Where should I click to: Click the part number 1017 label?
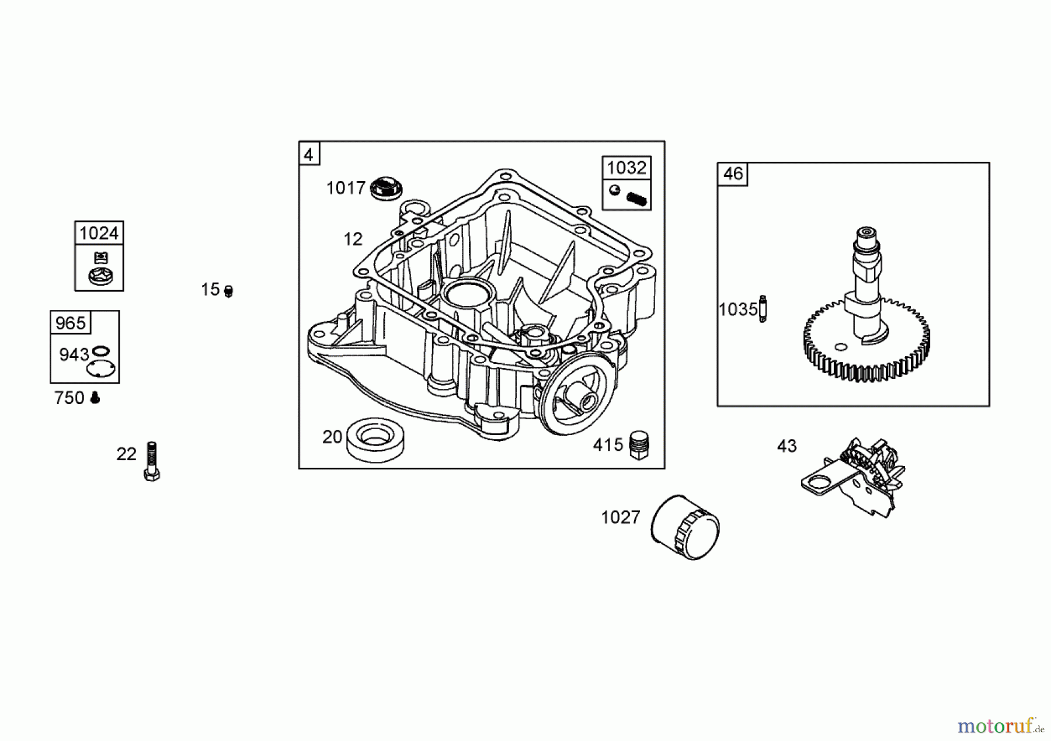(346, 188)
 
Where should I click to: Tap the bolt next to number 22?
(152, 461)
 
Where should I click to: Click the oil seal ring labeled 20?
(375, 439)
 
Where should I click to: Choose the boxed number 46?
(733, 174)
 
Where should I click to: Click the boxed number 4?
(309, 155)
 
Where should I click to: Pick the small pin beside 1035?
(762, 308)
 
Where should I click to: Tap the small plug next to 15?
(228, 291)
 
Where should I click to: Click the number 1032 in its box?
(627, 168)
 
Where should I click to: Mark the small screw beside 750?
(95, 398)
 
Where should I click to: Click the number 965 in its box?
(70, 323)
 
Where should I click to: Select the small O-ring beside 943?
(101, 351)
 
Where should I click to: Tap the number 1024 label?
(99, 233)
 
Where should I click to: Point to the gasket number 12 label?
(353, 239)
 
